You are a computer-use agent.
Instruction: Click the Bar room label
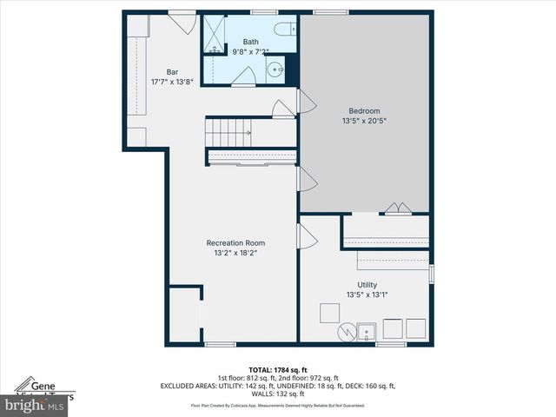click(x=172, y=72)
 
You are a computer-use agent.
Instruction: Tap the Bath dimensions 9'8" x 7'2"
click(x=250, y=51)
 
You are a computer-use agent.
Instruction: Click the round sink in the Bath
click(x=276, y=70)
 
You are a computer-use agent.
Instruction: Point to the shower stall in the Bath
click(x=214, y=35)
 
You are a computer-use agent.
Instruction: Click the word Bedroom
click(x=364, y=110)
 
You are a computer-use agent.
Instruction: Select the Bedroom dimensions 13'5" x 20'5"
click(x=364, y=122)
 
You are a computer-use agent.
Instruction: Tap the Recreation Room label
click(x=235, y=242)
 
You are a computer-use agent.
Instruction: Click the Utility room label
click(x=367, y=284)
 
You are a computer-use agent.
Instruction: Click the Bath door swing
click(x=243, y=77)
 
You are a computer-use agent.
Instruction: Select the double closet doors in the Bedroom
click(x=397, y=208)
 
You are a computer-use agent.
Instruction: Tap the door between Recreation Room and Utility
click(x=307, y=235)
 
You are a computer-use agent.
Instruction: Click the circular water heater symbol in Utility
click(x=346, y=331)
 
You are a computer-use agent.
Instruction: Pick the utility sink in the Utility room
click(x=367, y=331)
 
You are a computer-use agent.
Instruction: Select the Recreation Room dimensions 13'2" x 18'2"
click(x=235, y=254)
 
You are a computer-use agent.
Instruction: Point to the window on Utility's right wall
click(x=432, y=274)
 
